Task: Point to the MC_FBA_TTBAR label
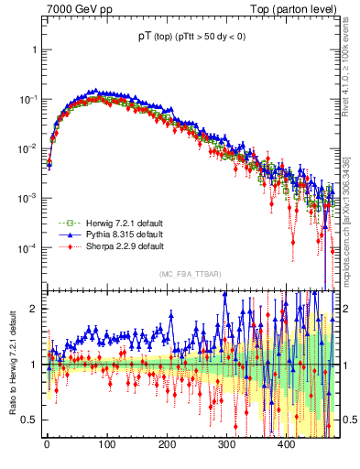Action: tap(189, 274)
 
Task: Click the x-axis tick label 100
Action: tap(106, 445)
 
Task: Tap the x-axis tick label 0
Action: tap(47, 445)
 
